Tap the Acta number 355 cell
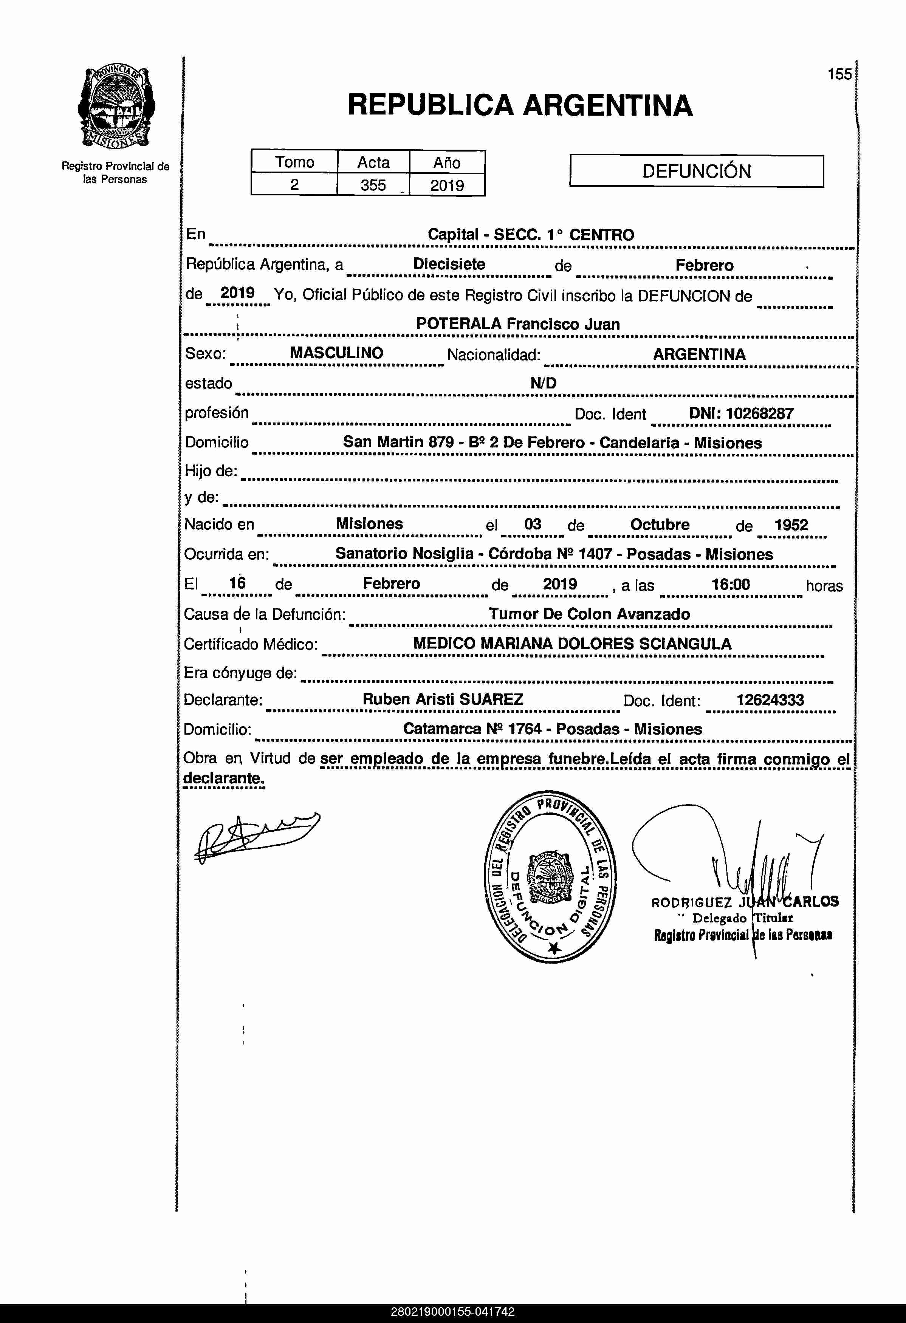(x=373, y=185)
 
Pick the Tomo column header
(x=294, y=162)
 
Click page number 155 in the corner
(x=839, y=74)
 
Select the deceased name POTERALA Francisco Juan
(x=517, y=324)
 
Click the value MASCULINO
(x=336, y=353)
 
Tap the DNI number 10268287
(x=760, y=413)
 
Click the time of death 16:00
(x=731, y=584)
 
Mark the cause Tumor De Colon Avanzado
(x=589, y=614)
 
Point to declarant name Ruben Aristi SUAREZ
(x=443, y=699)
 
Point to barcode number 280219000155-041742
(x=453, y=1312)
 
